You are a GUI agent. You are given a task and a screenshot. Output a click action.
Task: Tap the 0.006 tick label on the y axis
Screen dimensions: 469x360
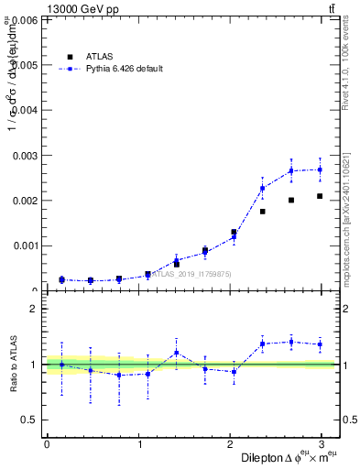click(24, 19)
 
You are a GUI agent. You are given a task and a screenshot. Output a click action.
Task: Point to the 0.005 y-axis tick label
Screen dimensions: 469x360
click(24, 65)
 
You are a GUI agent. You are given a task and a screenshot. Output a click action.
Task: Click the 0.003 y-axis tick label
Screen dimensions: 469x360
click(24, 156)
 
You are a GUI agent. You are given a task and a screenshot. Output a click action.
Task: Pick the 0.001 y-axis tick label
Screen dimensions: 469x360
click(24, 245)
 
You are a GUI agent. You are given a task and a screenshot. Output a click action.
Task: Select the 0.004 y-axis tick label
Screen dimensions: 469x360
click(24, 110)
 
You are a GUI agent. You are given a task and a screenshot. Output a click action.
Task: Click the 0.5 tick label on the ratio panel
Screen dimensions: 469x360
click(31, 420)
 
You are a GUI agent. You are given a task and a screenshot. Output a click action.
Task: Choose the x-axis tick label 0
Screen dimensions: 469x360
click(47, 444)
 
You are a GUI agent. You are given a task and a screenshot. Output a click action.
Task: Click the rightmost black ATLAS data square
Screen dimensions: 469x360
click(320, 196)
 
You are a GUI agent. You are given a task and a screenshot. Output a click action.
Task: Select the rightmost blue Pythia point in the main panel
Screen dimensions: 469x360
click(320, 169)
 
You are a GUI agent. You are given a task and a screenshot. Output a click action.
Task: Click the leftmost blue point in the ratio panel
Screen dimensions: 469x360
click(61, 365)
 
